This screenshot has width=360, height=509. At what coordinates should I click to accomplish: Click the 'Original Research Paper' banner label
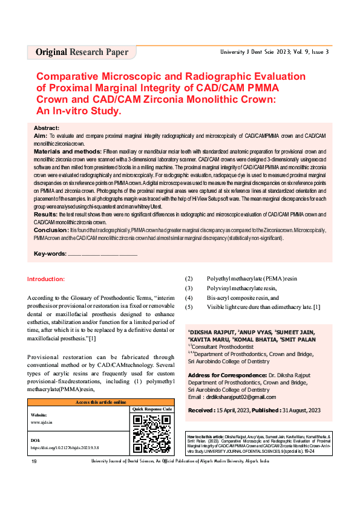(82, 52)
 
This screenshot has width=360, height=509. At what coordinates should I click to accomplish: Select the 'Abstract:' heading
(46, 129)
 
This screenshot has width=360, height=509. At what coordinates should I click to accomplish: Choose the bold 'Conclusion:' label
(51, 230)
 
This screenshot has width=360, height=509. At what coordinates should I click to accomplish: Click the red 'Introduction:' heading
(50, 279)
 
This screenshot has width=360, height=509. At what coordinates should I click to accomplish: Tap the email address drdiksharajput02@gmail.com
(241, 397)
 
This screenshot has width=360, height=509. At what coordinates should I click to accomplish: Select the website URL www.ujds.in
(41, 423)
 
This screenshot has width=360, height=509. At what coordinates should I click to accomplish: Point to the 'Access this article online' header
(100, 402)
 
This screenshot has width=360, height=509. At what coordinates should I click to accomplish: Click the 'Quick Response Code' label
(151, 409)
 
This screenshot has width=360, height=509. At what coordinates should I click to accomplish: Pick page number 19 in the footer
(34, 495)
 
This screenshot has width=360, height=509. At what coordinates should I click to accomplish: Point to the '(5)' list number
(188, 306)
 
